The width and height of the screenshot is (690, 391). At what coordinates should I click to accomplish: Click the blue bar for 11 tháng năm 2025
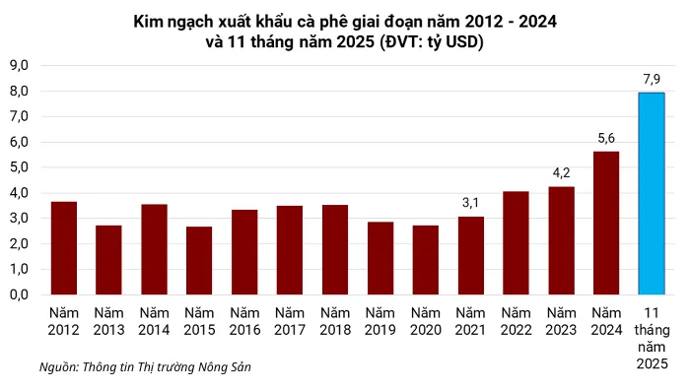coord(651,193)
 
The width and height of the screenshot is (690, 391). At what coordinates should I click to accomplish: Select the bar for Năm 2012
coord(64,247)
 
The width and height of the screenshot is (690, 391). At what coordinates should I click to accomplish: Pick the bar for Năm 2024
coord(606,223)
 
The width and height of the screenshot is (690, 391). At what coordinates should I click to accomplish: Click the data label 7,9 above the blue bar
coord(651,78)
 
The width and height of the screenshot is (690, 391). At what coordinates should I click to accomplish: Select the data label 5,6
coord(606,137)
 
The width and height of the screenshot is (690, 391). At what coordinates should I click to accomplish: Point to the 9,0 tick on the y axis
coord(20,65)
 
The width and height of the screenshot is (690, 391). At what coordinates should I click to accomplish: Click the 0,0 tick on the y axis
coord(20,294)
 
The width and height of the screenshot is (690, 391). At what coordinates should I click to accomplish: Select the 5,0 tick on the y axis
coord(20,166)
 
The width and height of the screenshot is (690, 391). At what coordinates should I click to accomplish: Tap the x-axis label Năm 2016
coord(244,320)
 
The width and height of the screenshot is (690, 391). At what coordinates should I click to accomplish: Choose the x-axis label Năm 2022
coord(516,320)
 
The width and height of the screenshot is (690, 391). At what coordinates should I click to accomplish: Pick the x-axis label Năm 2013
coord(109,320)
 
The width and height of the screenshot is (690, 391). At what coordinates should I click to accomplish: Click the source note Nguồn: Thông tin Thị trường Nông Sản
coord(145,366)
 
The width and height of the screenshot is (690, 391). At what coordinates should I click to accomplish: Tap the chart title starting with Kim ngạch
coord(345,33)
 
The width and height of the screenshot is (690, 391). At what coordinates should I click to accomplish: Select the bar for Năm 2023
coord(561,240)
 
